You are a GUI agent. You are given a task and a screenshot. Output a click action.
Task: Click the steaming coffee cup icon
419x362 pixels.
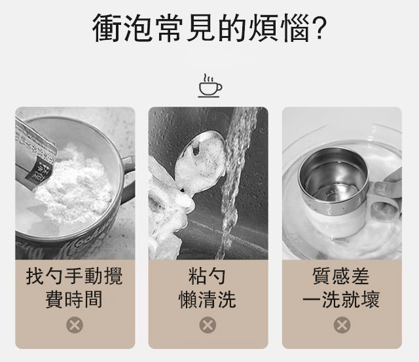point(209,86)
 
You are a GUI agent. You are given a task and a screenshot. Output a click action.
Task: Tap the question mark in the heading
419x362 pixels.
point(319,27)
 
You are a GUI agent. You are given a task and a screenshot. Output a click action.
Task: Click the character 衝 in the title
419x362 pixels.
point(108,27)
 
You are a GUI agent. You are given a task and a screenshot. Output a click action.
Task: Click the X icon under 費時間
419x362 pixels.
point(75,325)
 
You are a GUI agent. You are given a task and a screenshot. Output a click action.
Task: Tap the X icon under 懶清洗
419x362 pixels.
point(208,325)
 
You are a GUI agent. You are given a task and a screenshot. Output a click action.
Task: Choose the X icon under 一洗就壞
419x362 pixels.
point(342,325)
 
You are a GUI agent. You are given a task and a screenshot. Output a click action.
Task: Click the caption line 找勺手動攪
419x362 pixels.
point(74,276)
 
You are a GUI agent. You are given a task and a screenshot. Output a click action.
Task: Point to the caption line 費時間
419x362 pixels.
point(74,300)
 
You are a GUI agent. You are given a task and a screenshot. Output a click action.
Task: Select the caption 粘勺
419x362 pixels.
point(208,276)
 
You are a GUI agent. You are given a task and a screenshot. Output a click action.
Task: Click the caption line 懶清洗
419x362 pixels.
point(208,300)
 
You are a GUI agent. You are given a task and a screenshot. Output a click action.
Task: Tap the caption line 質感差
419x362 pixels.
point(341,276)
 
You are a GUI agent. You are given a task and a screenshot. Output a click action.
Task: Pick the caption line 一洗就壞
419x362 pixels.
point(341,300)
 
